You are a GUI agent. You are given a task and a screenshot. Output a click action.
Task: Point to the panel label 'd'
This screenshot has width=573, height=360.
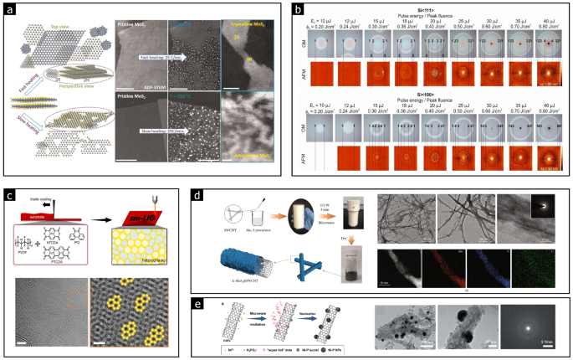point(197,196)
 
